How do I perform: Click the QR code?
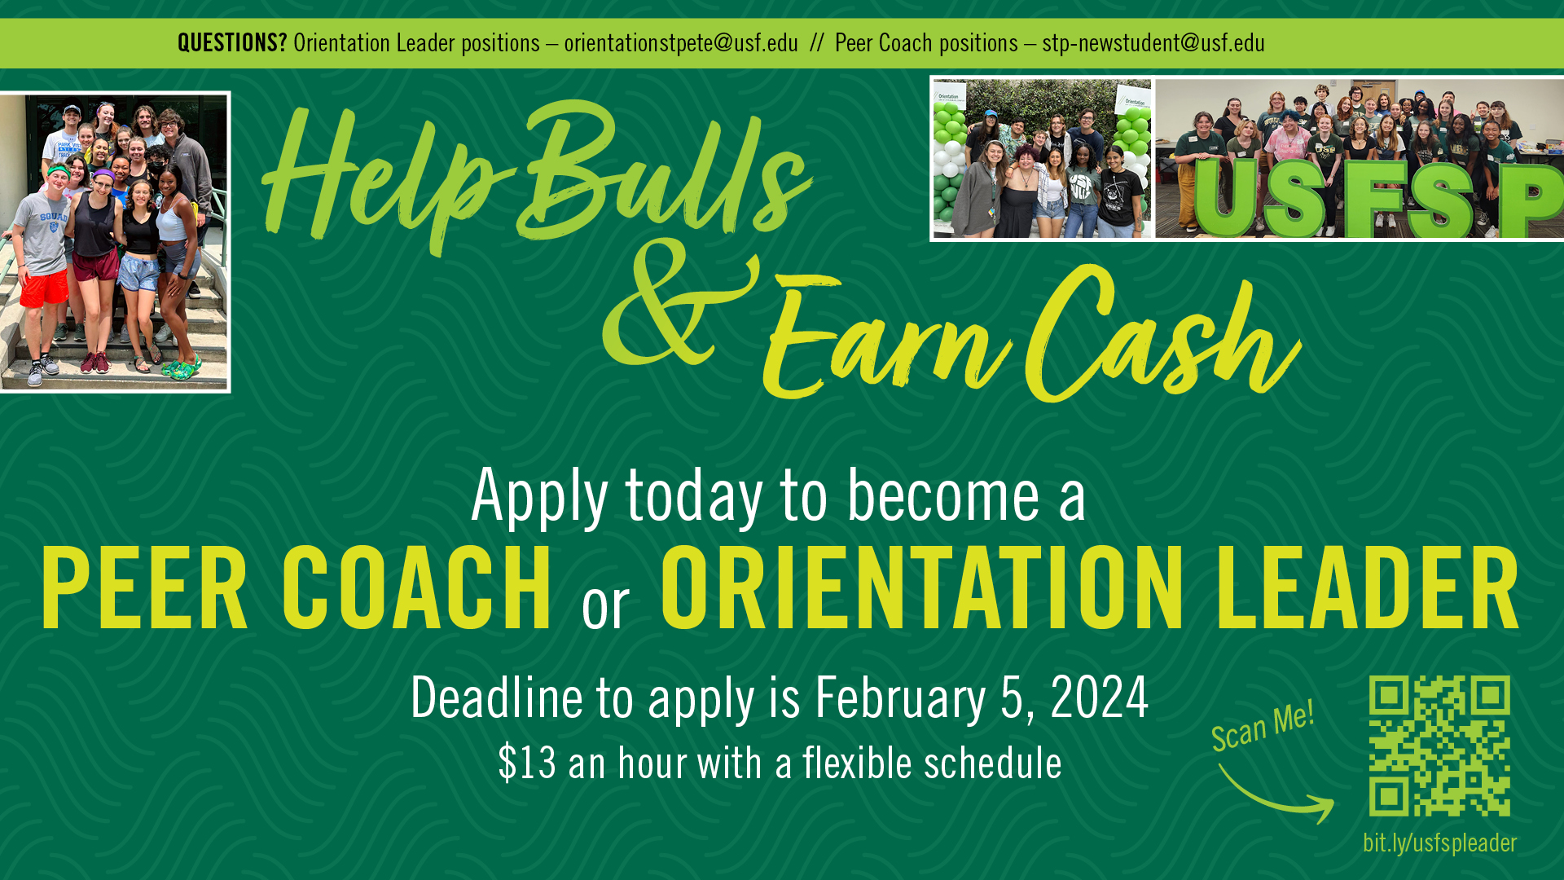tap(1439, 746)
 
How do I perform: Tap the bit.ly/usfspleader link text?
tap(1439, 843)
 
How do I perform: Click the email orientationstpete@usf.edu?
tap(681, 42)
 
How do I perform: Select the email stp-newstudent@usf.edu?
tap(1153, 42)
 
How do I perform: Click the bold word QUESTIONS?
tap(232, 42)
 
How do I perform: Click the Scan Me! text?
tap(1262, 726)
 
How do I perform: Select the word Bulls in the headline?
tap(664, 171)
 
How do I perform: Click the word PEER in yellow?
tap(144, 588)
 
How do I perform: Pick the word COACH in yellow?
tap(417, 588)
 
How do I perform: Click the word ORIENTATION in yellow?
tap(921, 588)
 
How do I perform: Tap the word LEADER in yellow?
tap(1368, 588)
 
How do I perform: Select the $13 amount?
tap(527, 763)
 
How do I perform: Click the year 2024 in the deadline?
tap(1099, 698)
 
